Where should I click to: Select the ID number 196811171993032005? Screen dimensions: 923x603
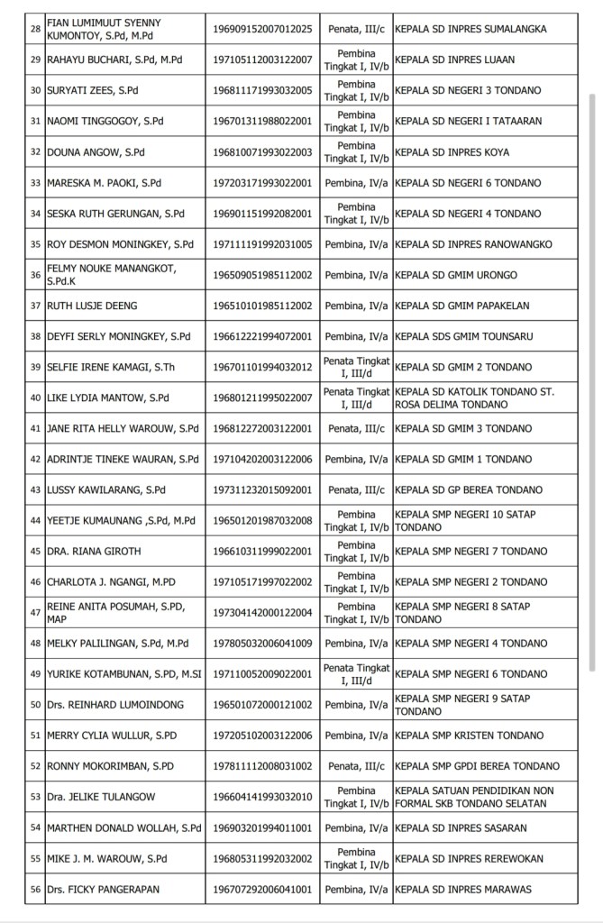[x=261, y=90]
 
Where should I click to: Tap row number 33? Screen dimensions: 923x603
[x=36, y=182]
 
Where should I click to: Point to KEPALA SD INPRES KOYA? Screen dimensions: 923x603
[x=451, y=151]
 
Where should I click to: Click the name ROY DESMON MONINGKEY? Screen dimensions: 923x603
[x=120, y=244]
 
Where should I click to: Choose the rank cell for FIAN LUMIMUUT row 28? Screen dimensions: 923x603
[x=356, y=29]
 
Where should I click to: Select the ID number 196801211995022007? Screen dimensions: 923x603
[x=261, y=398]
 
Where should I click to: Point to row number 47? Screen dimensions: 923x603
[x=36, y=612]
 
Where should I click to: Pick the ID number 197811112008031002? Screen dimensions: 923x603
[x=261, y=766]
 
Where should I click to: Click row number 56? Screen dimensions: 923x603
[x=36, y=889]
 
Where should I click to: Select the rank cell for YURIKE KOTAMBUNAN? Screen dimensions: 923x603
[x=356, y=673]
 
